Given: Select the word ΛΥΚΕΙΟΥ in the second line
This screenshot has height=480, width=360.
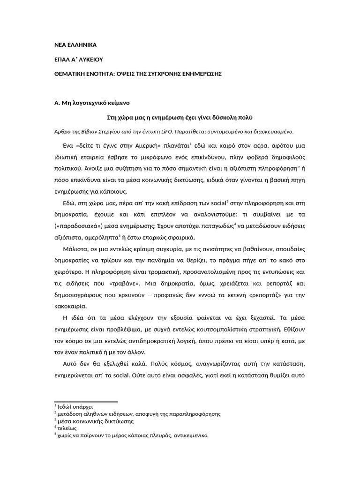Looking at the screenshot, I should click(89, 60).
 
